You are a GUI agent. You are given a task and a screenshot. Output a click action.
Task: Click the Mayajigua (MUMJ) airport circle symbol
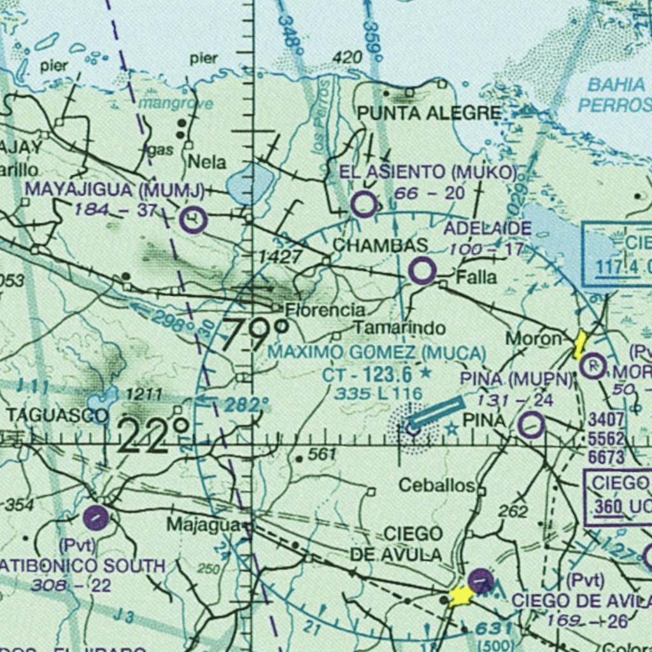click(x=193, y=220)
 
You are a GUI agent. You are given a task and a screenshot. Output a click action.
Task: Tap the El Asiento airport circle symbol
click(x=364, y=205)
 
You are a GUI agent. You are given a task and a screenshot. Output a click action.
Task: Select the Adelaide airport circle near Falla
click(x=422, y=271)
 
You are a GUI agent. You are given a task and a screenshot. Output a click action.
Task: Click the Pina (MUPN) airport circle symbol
click(x=531, y=425)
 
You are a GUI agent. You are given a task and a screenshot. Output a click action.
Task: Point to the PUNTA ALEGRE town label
click(x=429, y=114)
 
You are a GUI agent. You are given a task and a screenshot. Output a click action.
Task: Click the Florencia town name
click(x=325, y=311)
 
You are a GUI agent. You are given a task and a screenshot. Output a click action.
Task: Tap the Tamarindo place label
click(x=399, y=328)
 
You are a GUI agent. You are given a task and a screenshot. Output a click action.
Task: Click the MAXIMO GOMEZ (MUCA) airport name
click(x=376, y=352)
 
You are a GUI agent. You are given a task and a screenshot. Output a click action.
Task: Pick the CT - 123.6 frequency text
click(x=367, y=374)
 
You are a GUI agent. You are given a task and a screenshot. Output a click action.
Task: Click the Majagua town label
click(x=204, y=525)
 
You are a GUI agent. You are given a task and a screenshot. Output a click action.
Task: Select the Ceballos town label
click(x=437, y=486)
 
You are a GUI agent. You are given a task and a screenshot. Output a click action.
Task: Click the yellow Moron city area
click(x=579, y=345)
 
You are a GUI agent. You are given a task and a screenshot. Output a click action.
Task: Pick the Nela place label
click(x=207, y=162)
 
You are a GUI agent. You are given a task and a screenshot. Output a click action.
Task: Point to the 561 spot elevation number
click(x=321, y=454)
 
